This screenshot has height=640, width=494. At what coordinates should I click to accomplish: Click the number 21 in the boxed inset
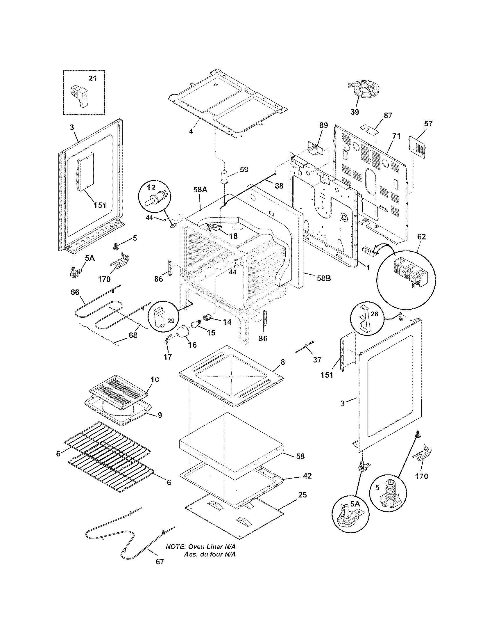click(92, 79)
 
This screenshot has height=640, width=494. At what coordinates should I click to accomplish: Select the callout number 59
click(244, 169)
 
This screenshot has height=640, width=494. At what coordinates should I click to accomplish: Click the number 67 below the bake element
click(160, 570)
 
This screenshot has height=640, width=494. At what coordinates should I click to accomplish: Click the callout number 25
click(302, 495)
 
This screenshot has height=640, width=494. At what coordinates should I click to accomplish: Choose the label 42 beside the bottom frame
click(307, 476)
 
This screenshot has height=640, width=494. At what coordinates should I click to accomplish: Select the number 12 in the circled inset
click(151, 187)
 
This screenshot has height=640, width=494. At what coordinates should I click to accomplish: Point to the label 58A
click(200, 190)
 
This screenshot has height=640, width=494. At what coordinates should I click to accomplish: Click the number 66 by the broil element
click(75, 292)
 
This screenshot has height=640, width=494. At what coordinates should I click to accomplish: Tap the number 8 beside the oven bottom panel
click(282, 362)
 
